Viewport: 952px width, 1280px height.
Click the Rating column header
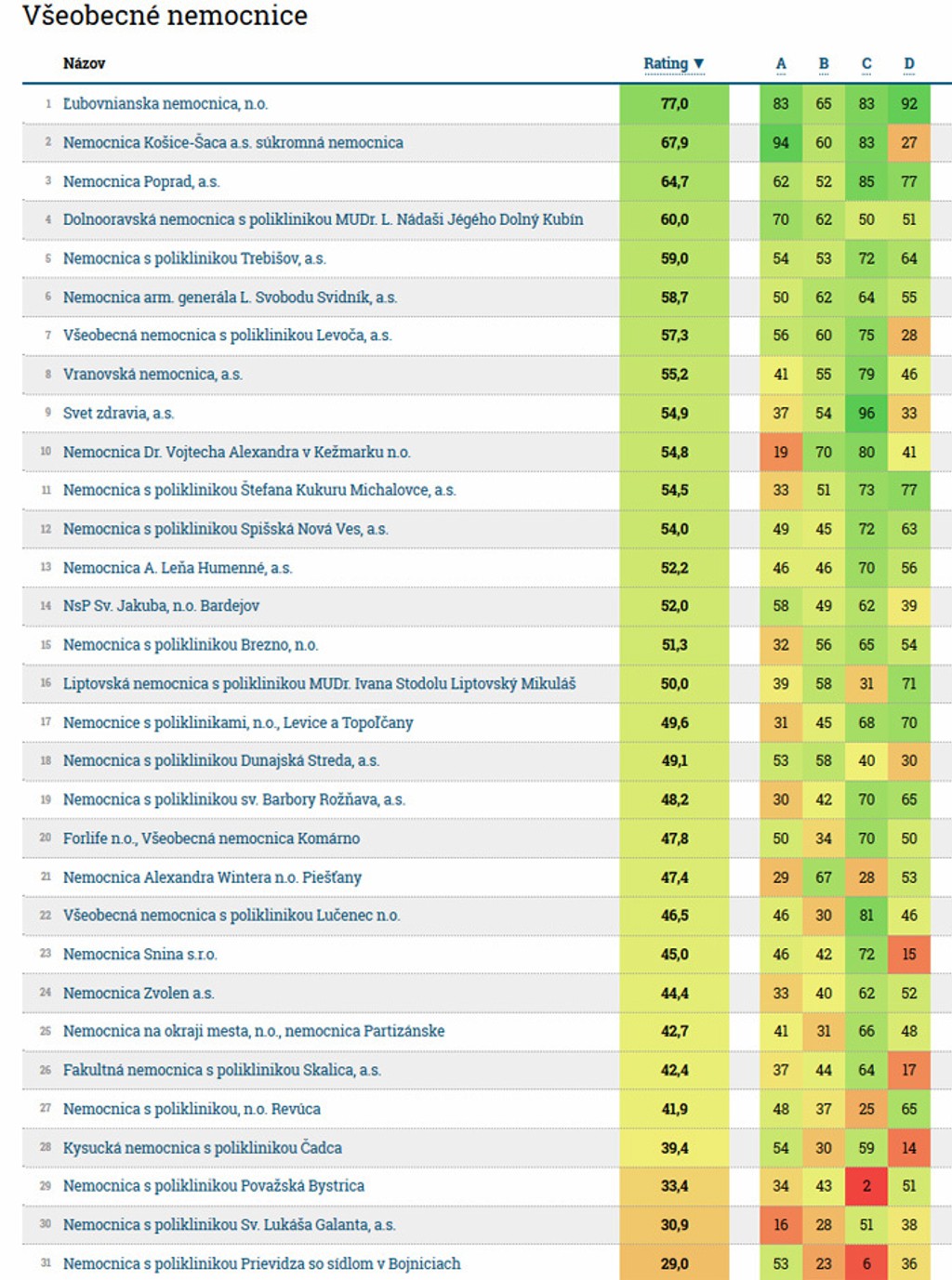tap(667, 63)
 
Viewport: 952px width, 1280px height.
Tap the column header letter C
tap(866, 63)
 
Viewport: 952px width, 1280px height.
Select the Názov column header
tap(84, 63)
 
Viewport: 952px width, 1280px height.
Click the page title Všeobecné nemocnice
tap(165, 16)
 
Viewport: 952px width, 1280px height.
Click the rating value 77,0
tap(675, 104)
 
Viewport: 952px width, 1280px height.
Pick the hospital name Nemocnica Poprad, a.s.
tap(141, 181)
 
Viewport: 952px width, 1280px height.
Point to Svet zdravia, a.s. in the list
tap(118, 413)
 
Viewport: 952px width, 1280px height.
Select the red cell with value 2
tap(866, 1186)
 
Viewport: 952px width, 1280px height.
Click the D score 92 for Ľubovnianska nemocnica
tap(909, 104)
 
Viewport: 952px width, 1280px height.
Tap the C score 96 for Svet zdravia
tap(866, 413)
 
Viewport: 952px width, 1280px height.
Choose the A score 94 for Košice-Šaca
tap(781, 142)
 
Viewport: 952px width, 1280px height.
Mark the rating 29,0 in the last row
tap(675, 1263)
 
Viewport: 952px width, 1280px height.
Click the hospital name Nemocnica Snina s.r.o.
tap(139, 954)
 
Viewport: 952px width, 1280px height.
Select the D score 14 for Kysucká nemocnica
tap(909, 1147)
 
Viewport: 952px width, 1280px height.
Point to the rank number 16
tap(46, 683)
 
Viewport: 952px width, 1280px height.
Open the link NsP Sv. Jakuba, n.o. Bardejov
tap(161, 606)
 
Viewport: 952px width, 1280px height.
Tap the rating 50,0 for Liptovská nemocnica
tap(675, 683)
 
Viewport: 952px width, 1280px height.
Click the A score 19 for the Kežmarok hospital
tap(781, 452)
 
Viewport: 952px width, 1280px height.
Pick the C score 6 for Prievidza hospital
tap(866, 1263)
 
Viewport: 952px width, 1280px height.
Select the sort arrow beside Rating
tap(699, 63)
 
